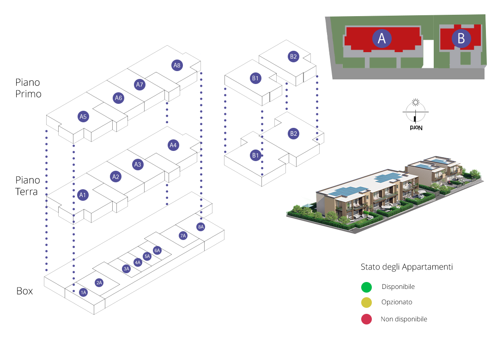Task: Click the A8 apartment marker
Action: pyautogui.click(x=177, y=65)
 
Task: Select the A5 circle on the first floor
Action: pyautogui.click(x=83, y=116)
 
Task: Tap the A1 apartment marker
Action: pyautogui.click(x=82, y=195)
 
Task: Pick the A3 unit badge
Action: pyautogui.click(x=138, y=164)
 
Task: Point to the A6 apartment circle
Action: pyautogui.click(x=118, y=98)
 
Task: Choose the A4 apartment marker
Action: pyautogui.click(x=173, y=145)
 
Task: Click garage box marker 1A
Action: pyautogui.click(x=83, y=292)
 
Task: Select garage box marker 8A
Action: pyautogui.click(x=200, y=227)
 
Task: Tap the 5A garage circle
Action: pyautogui.click(x=147, y=256)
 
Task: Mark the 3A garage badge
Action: pyautogui.click(x=127, y=269)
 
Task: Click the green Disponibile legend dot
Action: pyautogui.click(x=366, y=287)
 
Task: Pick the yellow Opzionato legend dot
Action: pyautogui.click(x=366, y=302)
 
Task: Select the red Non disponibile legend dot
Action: pyautogui.click(x=366, y=319)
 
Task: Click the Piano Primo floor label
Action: pyautogui.click(x=28, y=88)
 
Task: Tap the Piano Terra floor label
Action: pyautogui.click(x=28, y=186)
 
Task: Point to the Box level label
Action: pyautogui.click(x=24, y=291)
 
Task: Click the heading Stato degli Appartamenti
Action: pyautogui.click(x=406, y=267)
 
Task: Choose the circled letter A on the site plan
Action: pyautogui.click(x=382, y=38)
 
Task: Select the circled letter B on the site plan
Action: pyautogui.click(x=461, y=38)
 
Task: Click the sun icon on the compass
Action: pyautogui.click(x=416, y=102)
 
